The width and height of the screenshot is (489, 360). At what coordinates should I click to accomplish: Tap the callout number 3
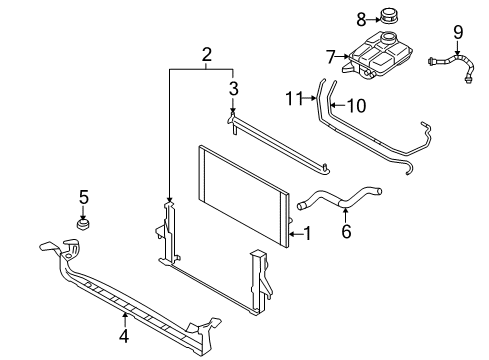click(x=233, y=91)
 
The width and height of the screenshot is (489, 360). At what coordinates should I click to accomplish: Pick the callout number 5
click(x=84, y=196)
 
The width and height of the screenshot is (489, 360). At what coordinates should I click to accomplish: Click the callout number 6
click(x=347, y=231)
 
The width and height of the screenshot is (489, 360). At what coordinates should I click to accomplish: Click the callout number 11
click(x=292, y=97)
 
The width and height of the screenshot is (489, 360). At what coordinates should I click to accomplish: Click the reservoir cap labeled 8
click(x=389, y=17)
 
